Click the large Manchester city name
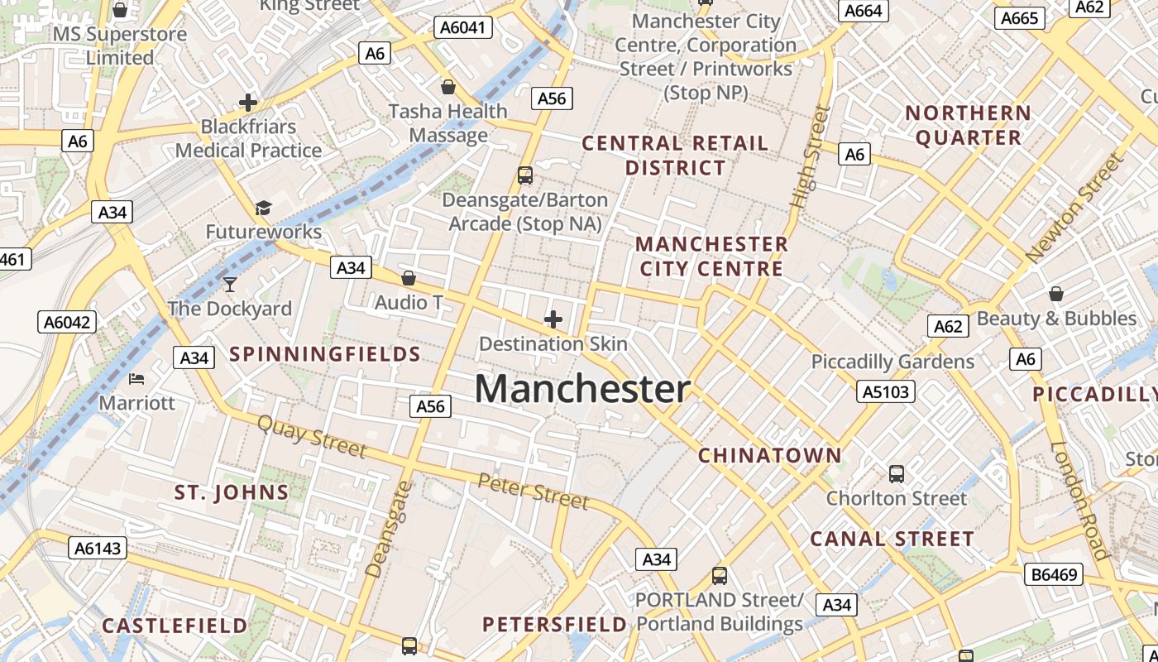point(582,389)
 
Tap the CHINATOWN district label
point(769,455)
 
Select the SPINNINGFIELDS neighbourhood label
point(325,354)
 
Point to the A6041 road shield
point(463,27)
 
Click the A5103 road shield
point(886,391)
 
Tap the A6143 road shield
point(98,548)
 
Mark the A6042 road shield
point(66,322)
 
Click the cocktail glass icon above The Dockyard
point(230,285)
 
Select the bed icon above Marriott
point(137,380)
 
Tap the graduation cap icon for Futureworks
point(263,208)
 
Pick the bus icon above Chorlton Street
point(897,474)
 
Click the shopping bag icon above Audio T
point(408,278)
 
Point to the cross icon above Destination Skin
point(553,319)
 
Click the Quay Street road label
point(312,436)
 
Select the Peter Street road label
point(534,492)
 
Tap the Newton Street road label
point(1074,209)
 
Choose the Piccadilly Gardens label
point(892,362)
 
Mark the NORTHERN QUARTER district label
point(968,125)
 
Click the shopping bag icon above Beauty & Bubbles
point(1056,294)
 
